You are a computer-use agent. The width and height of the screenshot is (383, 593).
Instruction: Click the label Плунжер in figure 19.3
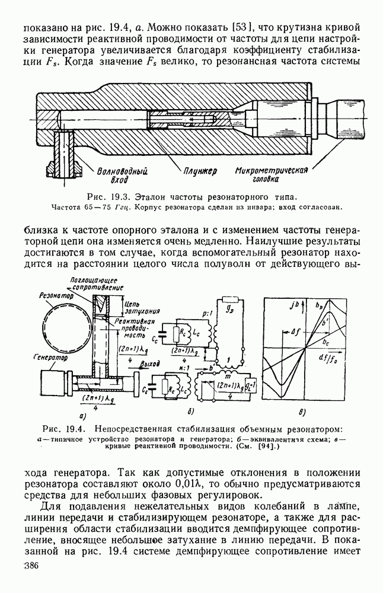tap(199, 171)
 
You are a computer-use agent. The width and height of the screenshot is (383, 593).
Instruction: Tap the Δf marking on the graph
tap(296, 333)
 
